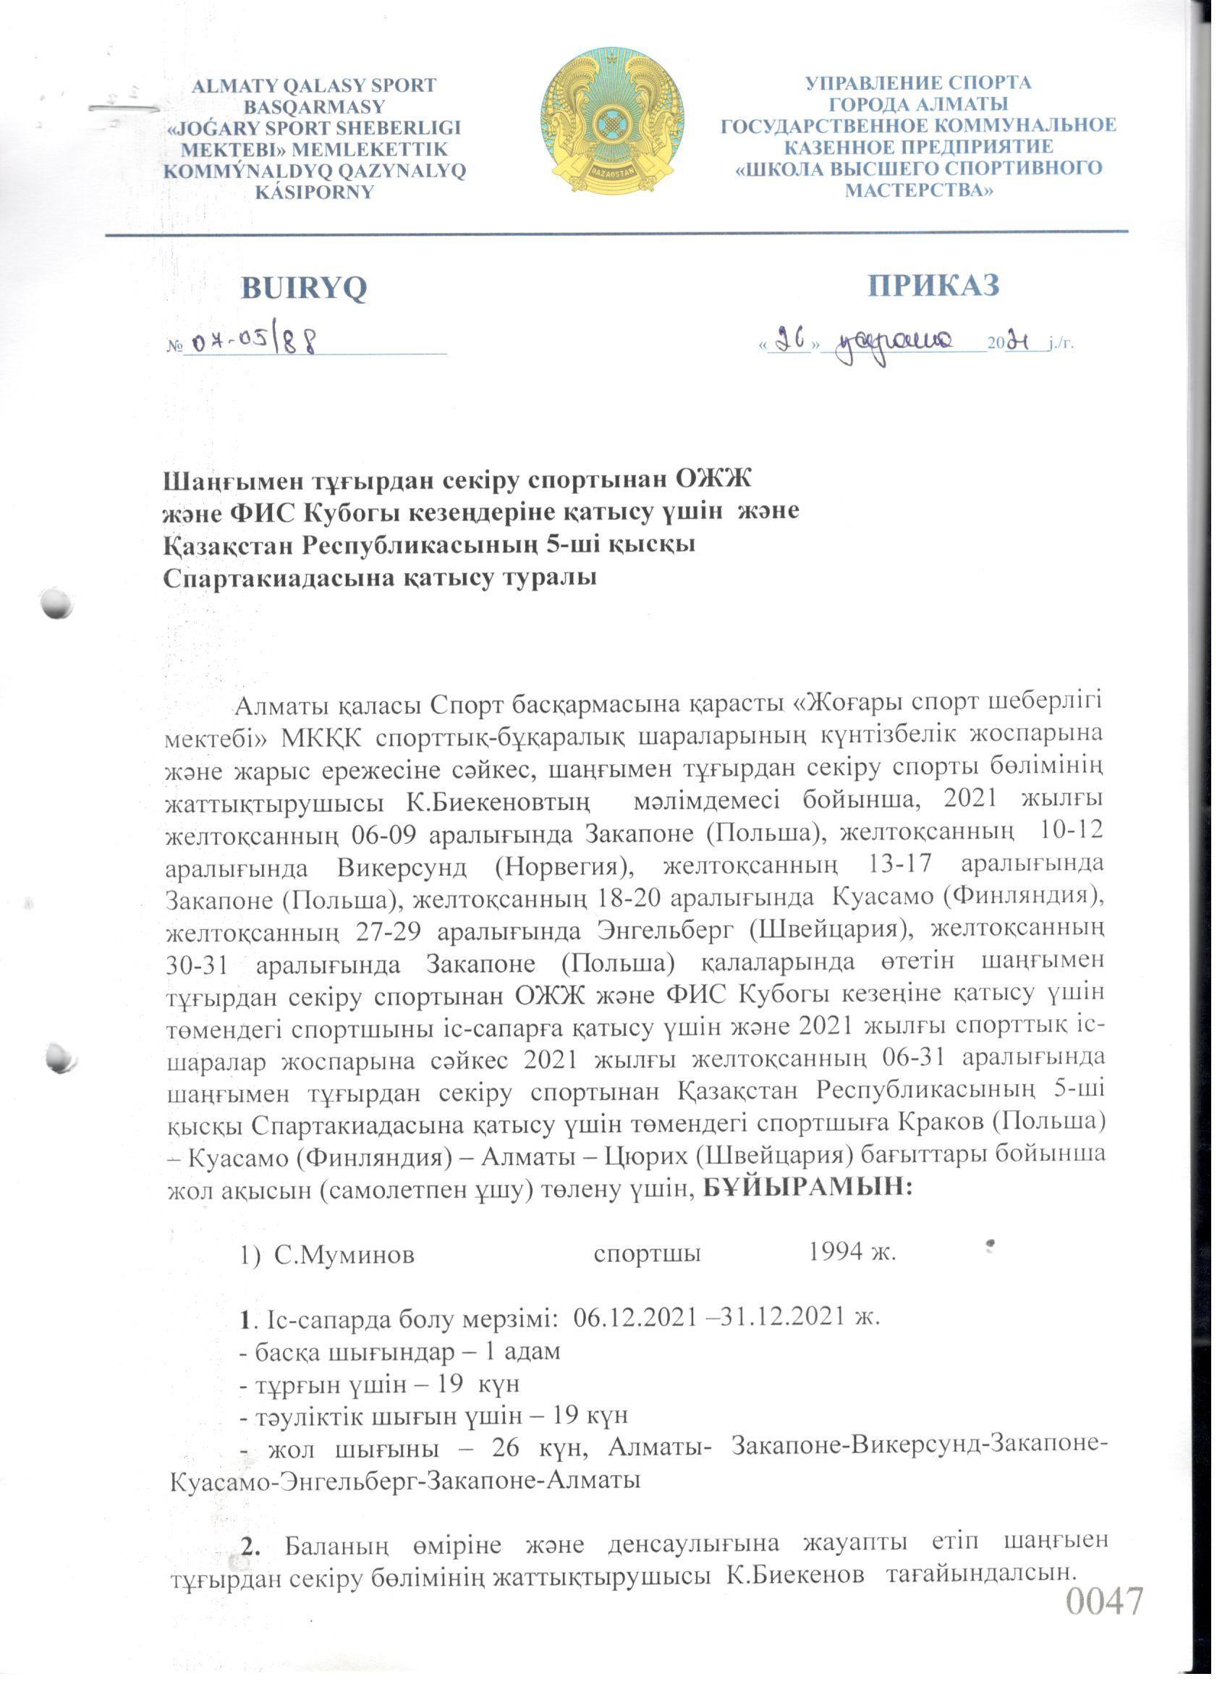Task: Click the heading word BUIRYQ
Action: [304, 287]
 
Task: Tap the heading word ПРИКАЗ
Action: [933, 285]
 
